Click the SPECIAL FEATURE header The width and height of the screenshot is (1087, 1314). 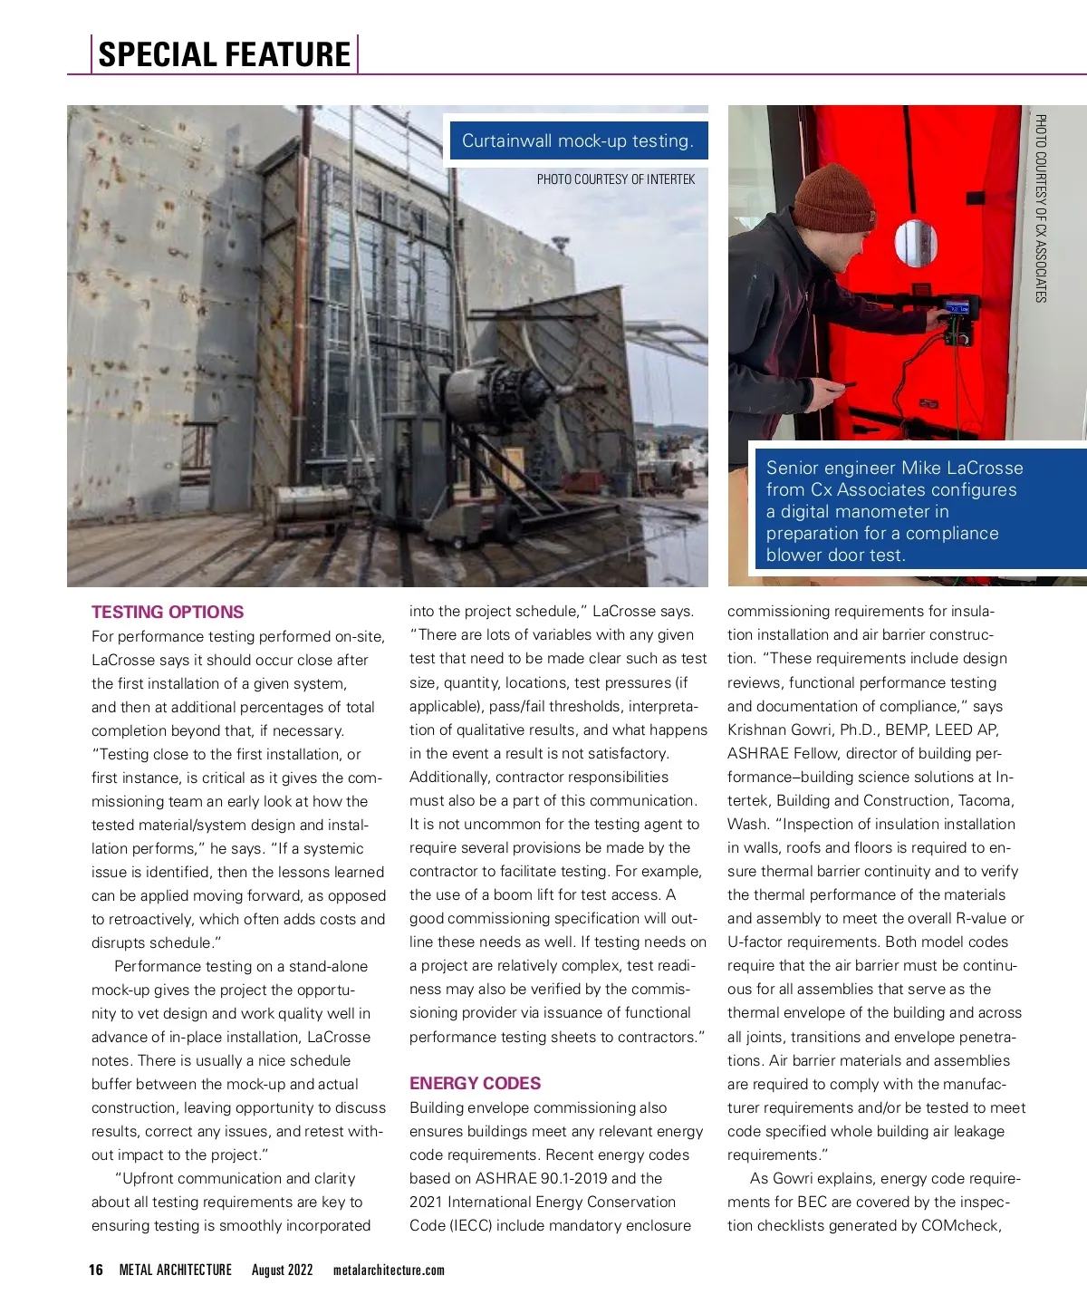[x=224, y=54]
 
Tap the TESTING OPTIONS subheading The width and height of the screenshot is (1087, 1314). [x=168, y=612]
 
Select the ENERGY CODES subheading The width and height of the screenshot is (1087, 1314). [x=475, y=1083]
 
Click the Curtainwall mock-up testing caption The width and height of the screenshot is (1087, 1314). [x=577, y=140]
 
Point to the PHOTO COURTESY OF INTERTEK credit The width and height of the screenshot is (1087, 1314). [x=615, y=179]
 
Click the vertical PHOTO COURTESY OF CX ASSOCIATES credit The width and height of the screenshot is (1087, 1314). [x=1041, y=208]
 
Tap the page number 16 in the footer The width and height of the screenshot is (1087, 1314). [x=96, y=1270]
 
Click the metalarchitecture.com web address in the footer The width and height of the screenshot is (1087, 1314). [x=389, y=1270]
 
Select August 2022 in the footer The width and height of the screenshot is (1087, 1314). [x=282, y=1270]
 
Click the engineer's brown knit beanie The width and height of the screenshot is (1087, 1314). [x=833, y=199]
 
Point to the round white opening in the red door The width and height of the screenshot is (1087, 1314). [x=916, y=243]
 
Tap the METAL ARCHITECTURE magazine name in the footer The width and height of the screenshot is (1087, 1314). [x=176, y=1270]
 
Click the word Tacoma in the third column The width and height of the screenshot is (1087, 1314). [x=986, y=800]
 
